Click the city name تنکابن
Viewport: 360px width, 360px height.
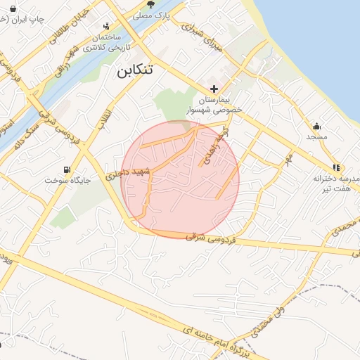pos(131,70)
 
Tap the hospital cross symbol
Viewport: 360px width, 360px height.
pos(214,89)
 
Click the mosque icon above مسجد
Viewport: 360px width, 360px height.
pos(318,127)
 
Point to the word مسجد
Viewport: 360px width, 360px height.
pos(317,138)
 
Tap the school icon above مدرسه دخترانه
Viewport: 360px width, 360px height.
pos(336,167)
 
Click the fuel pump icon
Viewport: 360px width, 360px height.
pos(67,169)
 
